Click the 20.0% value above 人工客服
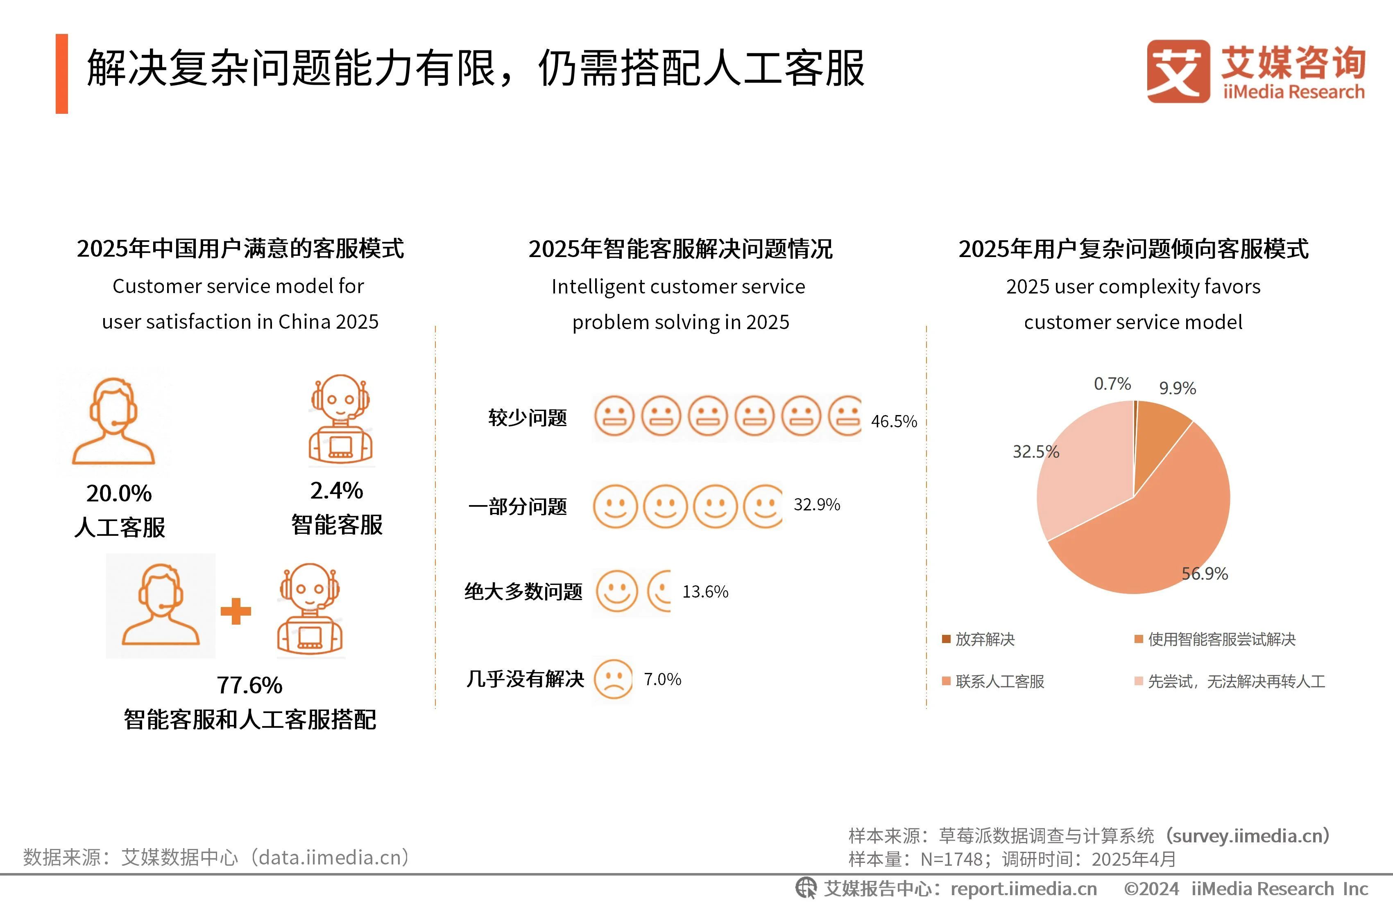(119, 493)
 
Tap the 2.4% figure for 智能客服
(337, 490)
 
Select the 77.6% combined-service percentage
(249, 684)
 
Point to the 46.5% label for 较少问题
(894, 421)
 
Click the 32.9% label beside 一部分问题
(816, 504)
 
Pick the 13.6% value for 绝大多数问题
(705, 591)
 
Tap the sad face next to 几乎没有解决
(613, 679)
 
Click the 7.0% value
(663, 679)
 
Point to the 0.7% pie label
(1112, 384)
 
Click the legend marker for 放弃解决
(946, 639)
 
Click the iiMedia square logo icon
(1178, 71)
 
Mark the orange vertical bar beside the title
(61, 74)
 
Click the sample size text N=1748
(951, 859)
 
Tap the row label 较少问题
(528, 418)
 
